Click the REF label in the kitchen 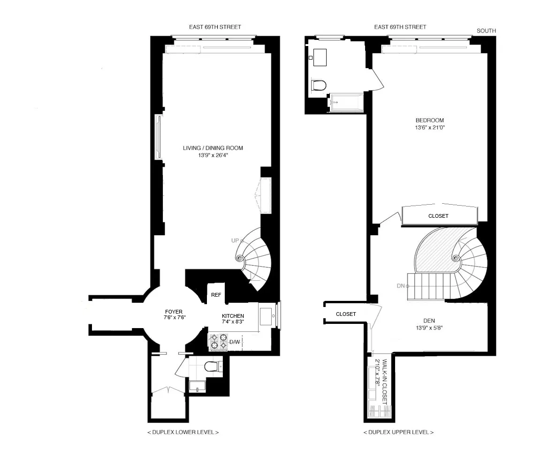click(216, 295)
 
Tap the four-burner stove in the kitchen click(217, 342)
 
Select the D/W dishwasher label click(235, 342)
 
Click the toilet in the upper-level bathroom click(319, 85)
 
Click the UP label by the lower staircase click(235, 241)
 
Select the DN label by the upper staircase click(400, 285)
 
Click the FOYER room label click(174, 312)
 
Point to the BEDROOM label click(429, 121)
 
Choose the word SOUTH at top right click(486, 31)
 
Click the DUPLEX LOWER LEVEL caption click(183, 432)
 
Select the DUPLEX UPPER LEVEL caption click(398, 432)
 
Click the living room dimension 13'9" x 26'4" click(213, 155)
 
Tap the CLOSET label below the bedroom click(438, 216)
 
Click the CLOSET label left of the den click(346, 314)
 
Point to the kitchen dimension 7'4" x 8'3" click(233, 322)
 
